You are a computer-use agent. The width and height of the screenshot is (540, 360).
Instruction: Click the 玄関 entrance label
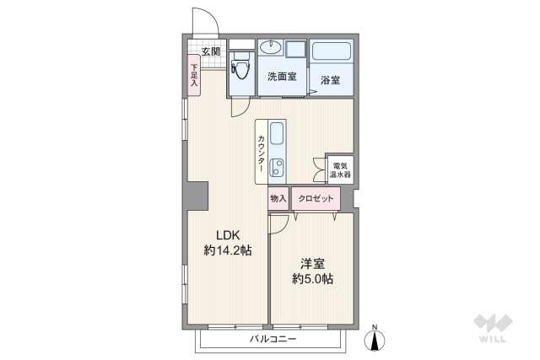tap(211, 51)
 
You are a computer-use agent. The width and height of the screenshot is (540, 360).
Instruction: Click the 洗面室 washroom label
tap(282, 77)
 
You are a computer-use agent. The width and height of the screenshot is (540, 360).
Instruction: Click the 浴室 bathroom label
tap(330, 81)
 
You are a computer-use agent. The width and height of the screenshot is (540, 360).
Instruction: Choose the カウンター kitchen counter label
tap(262, 154)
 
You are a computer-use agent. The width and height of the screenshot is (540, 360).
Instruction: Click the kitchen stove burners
tap(278, 166)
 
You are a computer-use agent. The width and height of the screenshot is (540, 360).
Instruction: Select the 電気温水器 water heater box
tap(342, 170)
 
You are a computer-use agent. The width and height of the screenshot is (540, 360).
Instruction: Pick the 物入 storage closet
tap(278, 199)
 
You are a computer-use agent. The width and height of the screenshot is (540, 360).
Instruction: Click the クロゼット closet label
tap(316, 199)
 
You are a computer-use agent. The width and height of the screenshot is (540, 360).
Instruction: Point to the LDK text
tap(228, 235)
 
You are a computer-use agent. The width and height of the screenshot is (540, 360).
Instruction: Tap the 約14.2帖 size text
tap(228, 250)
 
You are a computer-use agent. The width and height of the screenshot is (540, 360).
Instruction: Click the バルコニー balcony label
tap(273, 340)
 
